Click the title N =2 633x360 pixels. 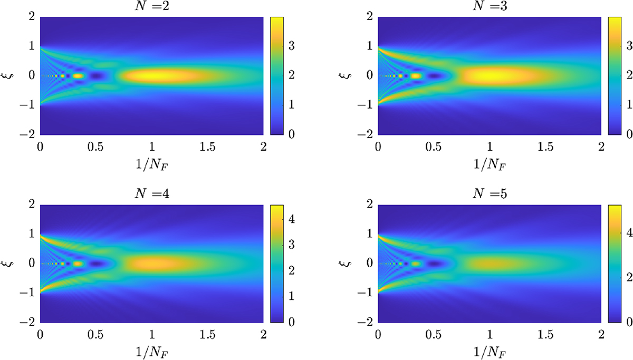click(x=151, y=6)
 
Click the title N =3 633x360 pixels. click(x=489, y=6)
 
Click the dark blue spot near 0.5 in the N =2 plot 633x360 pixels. click(x=97, y=76)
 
